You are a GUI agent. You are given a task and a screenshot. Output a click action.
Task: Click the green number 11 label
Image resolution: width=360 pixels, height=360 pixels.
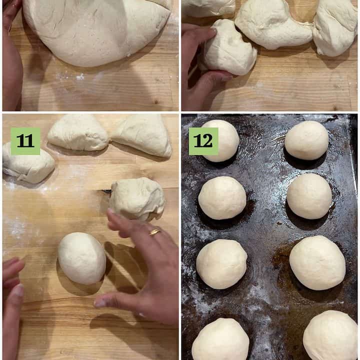pyautogui.click(x=25, y=141)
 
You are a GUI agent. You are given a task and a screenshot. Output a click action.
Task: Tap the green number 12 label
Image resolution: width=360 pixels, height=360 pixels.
pyautogui.click(x=203, y=141)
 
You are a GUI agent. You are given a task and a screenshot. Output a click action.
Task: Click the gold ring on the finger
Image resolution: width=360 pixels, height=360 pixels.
pyautogui.click(x=154, y=232)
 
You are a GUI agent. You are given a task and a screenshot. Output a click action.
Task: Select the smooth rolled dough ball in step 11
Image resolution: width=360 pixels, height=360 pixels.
pyautogui.click(x=82, y=258)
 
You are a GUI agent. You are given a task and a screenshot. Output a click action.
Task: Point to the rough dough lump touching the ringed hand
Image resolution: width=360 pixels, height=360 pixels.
pyautogui.click(x=137, y=199)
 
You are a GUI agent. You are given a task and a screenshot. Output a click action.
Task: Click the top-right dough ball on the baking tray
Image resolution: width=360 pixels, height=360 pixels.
pyautogui.click(x=306, y=140)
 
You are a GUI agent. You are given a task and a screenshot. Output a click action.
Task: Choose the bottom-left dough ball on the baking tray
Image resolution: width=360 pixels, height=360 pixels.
pyautogui.click(x=220, y=339)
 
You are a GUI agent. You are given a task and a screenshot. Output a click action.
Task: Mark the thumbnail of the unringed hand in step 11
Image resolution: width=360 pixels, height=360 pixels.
pyautogui.click(x=19, y=290)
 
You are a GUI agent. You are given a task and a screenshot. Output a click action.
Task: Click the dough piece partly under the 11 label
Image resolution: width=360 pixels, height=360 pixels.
pyautogui.click(x=28, y=163)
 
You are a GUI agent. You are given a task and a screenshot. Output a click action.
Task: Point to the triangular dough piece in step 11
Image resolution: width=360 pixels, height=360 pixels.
pyautogui.click(x=143, y=135)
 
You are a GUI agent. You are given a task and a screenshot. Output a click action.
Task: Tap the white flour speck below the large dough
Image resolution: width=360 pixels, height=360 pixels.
pyautogui.click(x=80, y=76)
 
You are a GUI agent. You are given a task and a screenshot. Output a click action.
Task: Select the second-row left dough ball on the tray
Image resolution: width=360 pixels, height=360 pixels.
pyautogui.click(x=222, y=198)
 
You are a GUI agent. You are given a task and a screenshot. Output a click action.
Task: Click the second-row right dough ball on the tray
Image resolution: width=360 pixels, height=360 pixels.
pyautogui.click(x=309, y=196)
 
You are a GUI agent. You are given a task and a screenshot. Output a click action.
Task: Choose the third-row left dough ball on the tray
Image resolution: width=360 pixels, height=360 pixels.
pyautogui.click(x=221, y=264)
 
